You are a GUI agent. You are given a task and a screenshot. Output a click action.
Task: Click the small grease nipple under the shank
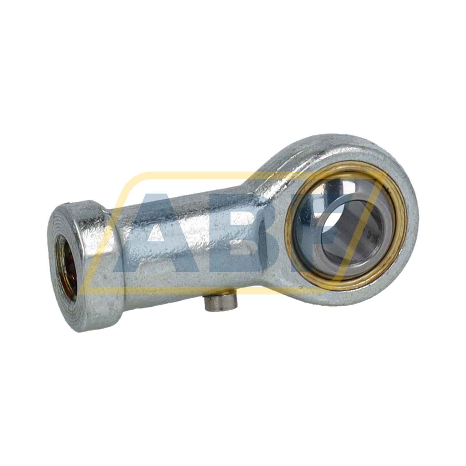click(222, 303)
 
